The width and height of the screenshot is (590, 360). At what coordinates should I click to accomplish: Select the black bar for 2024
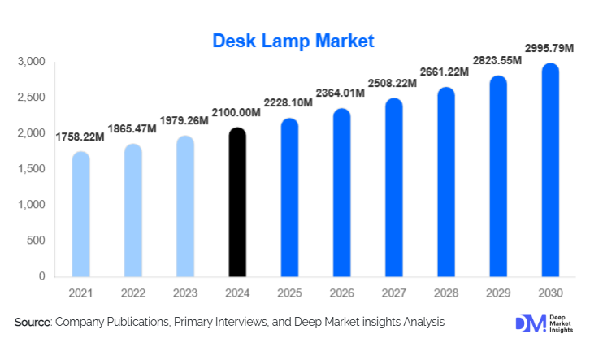coord(236,203)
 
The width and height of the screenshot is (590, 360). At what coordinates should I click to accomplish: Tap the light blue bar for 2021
coord(80,215)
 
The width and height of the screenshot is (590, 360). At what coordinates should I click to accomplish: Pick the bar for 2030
coord(549,171)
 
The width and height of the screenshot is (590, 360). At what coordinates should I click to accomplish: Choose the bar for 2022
coord(132,210)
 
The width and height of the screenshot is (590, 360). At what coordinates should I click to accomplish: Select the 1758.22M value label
coord(80,136)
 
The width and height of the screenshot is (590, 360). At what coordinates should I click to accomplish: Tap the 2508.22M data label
coord(393,83)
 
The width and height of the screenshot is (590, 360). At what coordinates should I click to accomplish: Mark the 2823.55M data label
coord(497,61)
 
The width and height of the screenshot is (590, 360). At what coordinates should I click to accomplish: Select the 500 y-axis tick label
coord(35,241)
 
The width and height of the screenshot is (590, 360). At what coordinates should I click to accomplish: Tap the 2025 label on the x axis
coord(288,291)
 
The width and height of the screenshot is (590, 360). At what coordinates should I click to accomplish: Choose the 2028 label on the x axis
coord(445,291)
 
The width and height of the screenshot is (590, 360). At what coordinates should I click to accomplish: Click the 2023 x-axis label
coord(184,291)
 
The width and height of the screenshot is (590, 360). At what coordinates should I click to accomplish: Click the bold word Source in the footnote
coord(33,323)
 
